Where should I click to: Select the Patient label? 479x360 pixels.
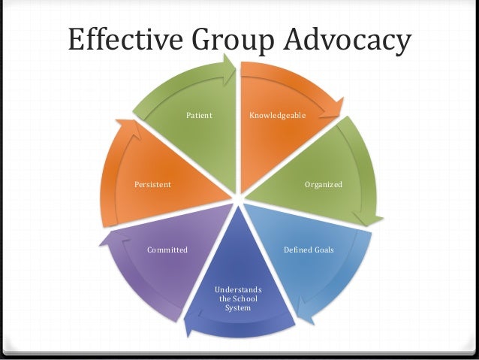(200, 116)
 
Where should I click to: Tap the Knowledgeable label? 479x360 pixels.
(278, 116)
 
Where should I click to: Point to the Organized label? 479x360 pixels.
(323, 183)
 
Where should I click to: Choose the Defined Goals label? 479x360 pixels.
(309, 249)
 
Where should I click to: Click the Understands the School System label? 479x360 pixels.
(238, 298)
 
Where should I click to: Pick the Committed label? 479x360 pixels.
(167, 249)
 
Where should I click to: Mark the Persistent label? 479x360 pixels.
(152, 183)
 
